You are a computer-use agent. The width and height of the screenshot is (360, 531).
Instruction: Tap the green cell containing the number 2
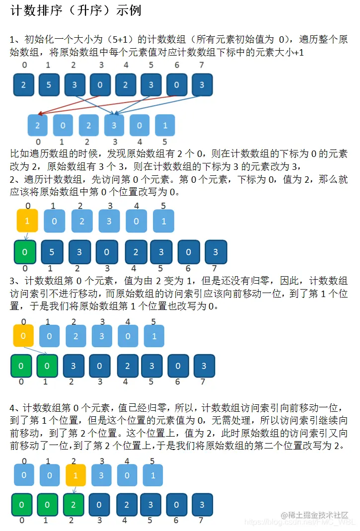(73, 505)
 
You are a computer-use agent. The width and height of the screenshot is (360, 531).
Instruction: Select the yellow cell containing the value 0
(23, 336)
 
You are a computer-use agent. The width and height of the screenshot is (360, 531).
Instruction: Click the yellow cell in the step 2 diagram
(27, 221)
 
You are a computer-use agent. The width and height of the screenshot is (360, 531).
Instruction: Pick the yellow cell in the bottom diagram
(75, 475)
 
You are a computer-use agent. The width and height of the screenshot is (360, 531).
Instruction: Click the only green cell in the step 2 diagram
(25, 252)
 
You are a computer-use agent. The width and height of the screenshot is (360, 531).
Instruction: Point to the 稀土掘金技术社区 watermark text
(314, 515)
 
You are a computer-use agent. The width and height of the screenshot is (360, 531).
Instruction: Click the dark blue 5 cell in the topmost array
(49, 85)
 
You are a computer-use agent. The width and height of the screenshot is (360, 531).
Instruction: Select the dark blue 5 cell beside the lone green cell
(52, 252)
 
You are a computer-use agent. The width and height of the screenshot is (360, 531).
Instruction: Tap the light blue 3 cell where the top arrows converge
(114, 126)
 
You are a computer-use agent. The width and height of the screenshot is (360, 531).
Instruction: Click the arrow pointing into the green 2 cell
(74, 489)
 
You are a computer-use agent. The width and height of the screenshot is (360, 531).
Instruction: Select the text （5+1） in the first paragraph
(122, 39)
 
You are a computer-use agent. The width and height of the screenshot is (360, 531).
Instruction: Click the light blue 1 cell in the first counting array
(165, 126)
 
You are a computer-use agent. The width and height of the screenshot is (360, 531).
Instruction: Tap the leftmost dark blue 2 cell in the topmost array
(23, 85)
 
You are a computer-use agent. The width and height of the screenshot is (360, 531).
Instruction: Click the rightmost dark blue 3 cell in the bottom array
(202, 505)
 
